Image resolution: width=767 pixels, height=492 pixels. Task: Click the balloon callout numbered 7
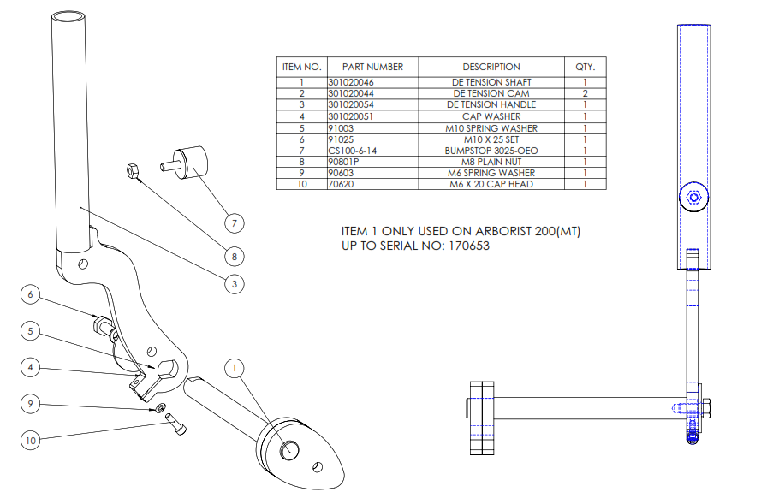coord(232,223)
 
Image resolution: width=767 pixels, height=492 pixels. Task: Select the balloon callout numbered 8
coord(232,255)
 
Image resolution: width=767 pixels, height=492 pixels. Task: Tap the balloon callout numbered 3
coord(233,283)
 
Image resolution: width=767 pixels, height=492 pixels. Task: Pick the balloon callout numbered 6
coord(31,295)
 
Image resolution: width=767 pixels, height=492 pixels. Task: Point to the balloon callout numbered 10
coord(31,441)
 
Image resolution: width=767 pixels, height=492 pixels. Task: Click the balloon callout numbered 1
coord(233,368)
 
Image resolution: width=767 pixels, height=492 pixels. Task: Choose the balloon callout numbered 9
coord(31,404)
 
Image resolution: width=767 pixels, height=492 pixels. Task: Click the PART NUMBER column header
coord(372,67)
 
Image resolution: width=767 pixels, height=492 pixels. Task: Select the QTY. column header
coord(585,67)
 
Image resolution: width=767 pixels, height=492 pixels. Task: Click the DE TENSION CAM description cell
coord(491,93)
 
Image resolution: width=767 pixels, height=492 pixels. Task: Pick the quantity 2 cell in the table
coord(585,93)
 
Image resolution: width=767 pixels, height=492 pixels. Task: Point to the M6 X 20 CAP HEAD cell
coord(491,184)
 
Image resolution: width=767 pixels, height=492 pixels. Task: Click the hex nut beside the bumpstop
coord(132,170)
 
